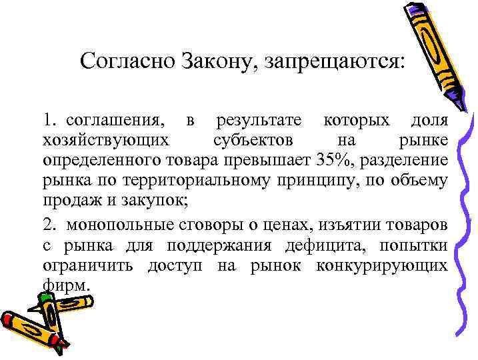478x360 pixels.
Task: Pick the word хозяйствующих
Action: pos(106,141)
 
